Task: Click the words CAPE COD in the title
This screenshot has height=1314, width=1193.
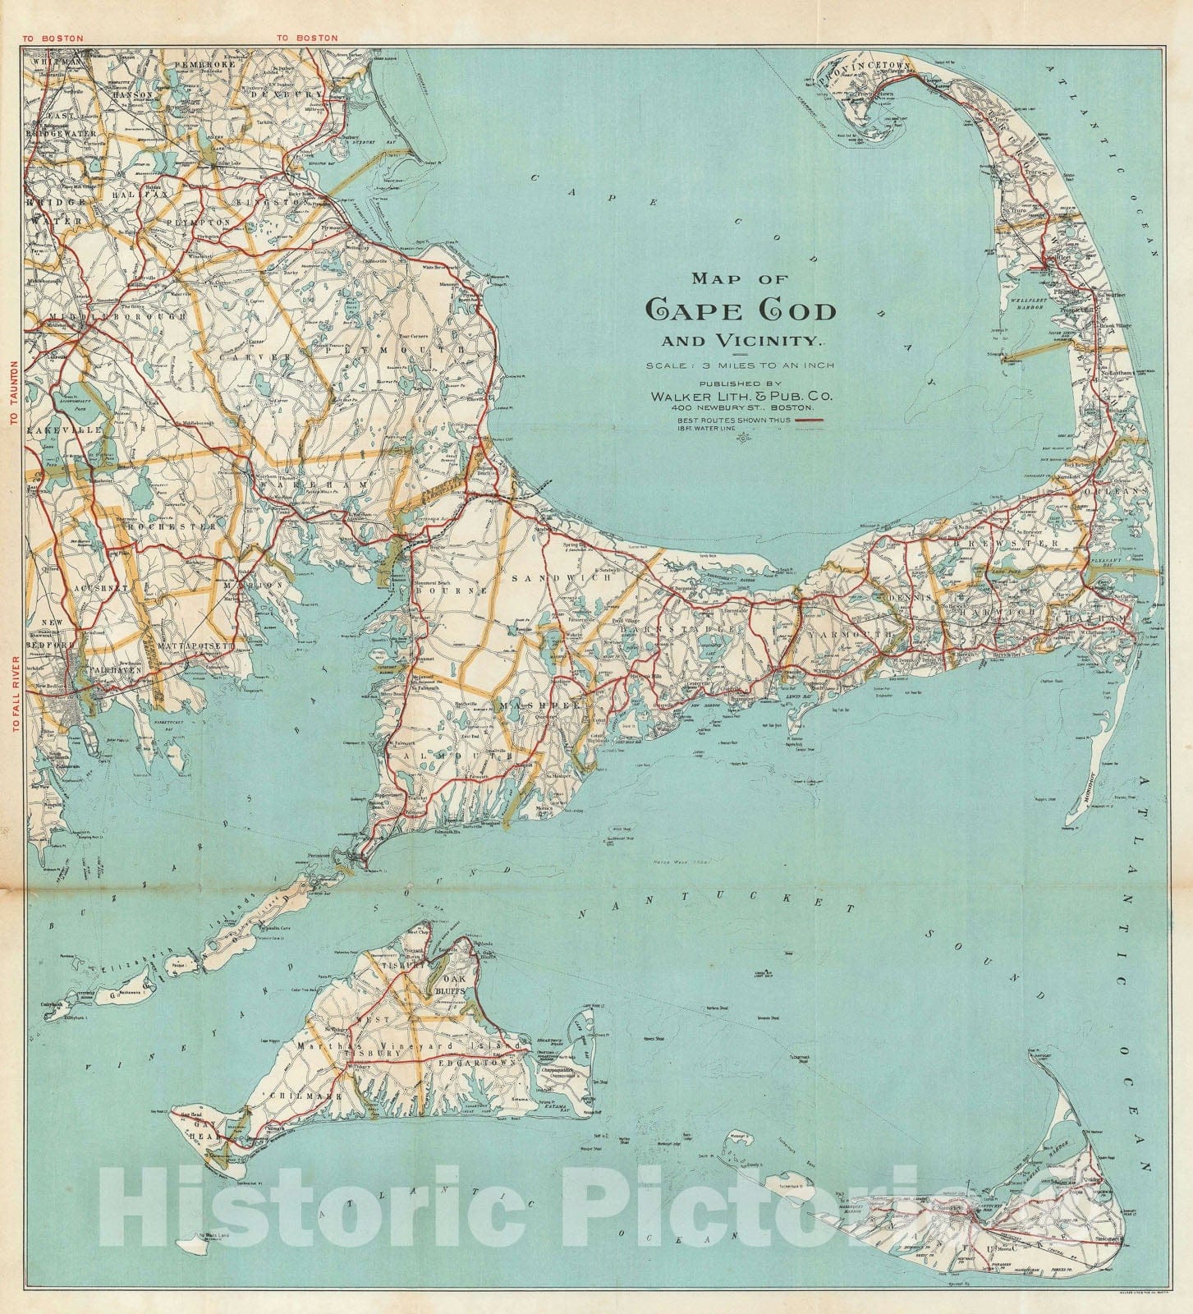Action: point(741,310)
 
